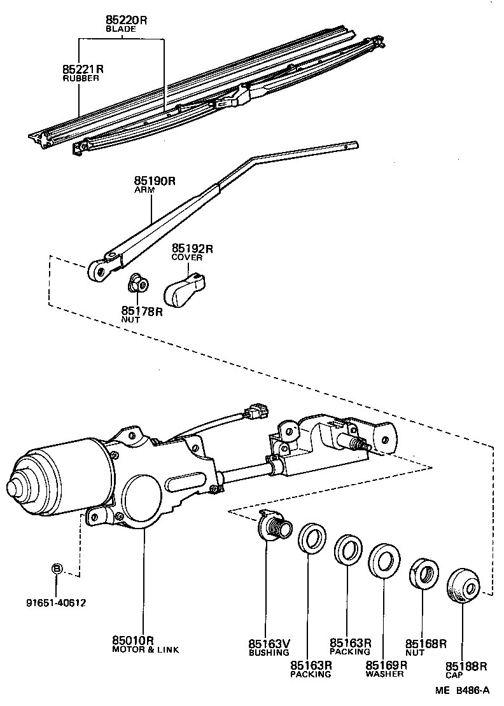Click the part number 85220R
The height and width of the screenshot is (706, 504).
126,20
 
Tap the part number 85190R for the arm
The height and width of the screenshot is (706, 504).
154,181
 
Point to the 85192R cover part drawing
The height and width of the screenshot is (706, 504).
185,289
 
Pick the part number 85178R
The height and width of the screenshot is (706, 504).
143,311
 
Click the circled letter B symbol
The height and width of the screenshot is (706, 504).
57,568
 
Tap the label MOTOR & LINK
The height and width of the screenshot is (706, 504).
146,649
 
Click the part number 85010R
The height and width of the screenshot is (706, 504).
134,640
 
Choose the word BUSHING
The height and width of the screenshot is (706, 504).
269,652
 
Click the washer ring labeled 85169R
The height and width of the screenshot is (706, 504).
384,559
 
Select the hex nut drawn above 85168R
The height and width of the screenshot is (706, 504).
423,572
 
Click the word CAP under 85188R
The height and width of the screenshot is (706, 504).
454,675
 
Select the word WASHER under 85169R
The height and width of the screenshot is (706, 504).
384,674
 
